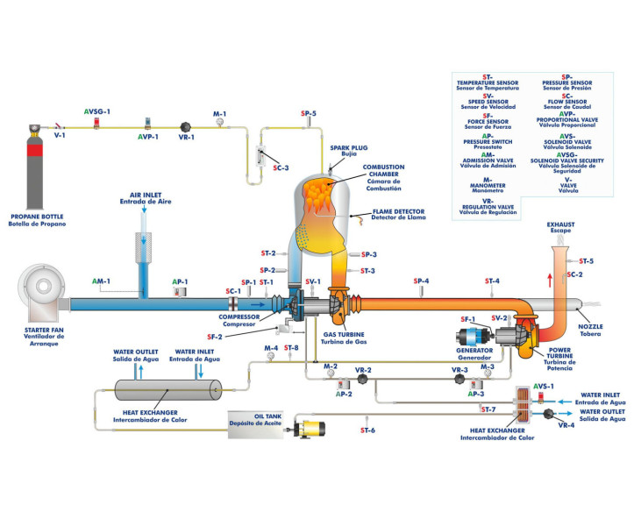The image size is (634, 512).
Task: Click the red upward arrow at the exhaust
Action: point(550,280)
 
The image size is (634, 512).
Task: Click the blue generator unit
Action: point(474,339)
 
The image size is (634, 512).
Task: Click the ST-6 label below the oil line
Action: point(367,430)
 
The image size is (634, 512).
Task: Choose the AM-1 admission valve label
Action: point(102,281)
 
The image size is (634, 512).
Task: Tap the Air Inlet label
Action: point(149,198)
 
